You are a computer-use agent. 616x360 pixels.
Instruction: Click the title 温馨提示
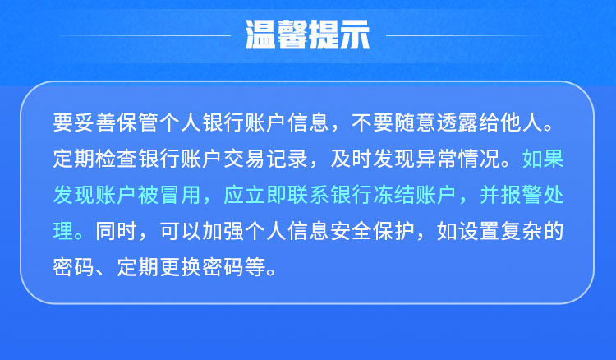tap(308, 35)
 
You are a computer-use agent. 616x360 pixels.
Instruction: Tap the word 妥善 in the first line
tap(94, 122)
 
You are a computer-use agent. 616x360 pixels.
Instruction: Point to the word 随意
tap(415, 122)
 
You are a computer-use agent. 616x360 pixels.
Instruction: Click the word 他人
tap(521, 122)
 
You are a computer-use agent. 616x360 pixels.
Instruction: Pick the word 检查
tap(116, 159)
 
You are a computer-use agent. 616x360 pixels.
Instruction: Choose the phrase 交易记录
tap(265, 159)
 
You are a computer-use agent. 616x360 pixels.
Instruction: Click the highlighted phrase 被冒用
tap(169, 195)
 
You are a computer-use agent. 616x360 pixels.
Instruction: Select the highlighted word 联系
tap(308, 195)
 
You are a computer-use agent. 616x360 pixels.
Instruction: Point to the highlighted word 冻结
tap(393, 195)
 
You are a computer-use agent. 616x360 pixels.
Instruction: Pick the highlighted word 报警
tap(521, 195)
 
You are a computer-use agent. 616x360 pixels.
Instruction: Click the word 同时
tap(116, 231)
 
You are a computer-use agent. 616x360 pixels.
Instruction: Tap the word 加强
tap(223, 231)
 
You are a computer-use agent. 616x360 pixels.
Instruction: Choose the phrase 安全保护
tap(371, 231)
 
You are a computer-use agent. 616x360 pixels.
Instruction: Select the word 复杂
tap(521, 231)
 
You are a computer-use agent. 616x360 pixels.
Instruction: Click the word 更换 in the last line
tap(180, 267)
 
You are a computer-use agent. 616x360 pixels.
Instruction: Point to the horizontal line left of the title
tap(145, 35)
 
